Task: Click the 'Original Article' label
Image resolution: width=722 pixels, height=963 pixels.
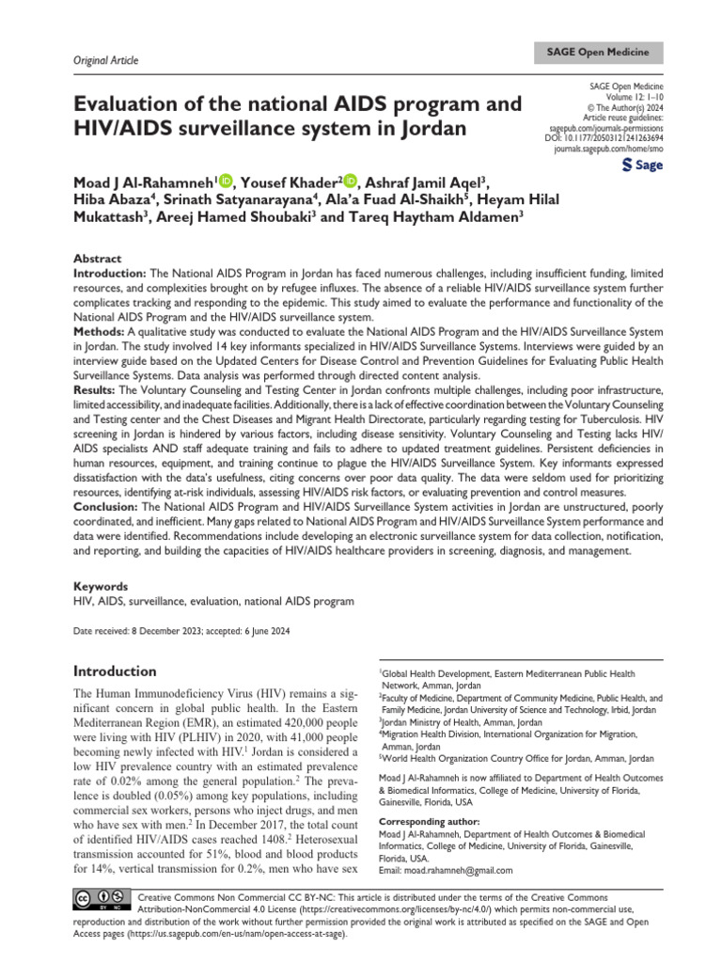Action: (x=105, y=61)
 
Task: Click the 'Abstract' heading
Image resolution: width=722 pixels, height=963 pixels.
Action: (x=97, y=258)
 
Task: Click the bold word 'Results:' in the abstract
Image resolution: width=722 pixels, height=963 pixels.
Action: (x=98, y=388)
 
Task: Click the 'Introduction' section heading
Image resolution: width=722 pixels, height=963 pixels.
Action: (x=115, y=671)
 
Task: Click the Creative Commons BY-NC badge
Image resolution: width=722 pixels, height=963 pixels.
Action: (x=99, y=900)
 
